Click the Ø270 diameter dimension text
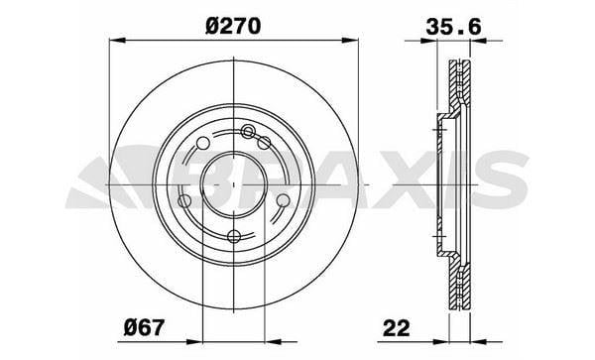click(x=233, y=27)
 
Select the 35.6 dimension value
click(x=453, y=27)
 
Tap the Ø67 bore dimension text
click(x=145, y=327)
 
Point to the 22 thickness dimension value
click(x=397, y=327)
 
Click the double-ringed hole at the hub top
click(x=247, y=132)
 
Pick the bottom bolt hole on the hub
click(x=234, y=236)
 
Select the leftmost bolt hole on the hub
click(x=184, y=200)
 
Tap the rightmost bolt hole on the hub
click(x=283, y=200)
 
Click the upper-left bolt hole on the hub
click(x=203, y=144)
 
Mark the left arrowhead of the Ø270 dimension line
click(x=117, y=41)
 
